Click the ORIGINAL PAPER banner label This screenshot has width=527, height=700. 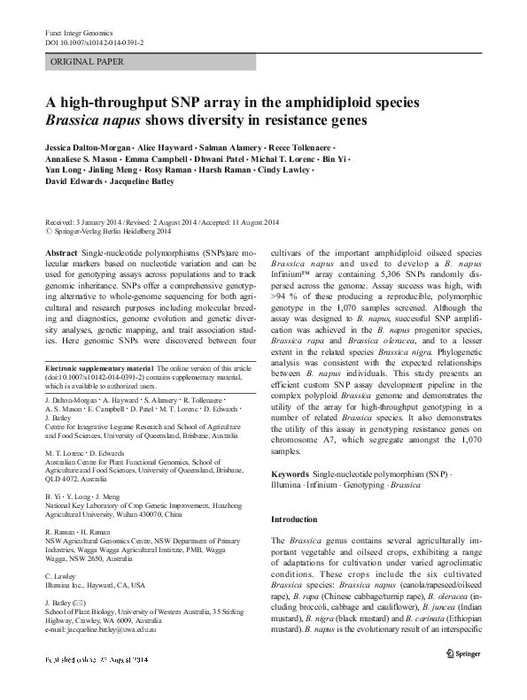pos(86,62)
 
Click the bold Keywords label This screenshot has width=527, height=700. pos(290,475)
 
